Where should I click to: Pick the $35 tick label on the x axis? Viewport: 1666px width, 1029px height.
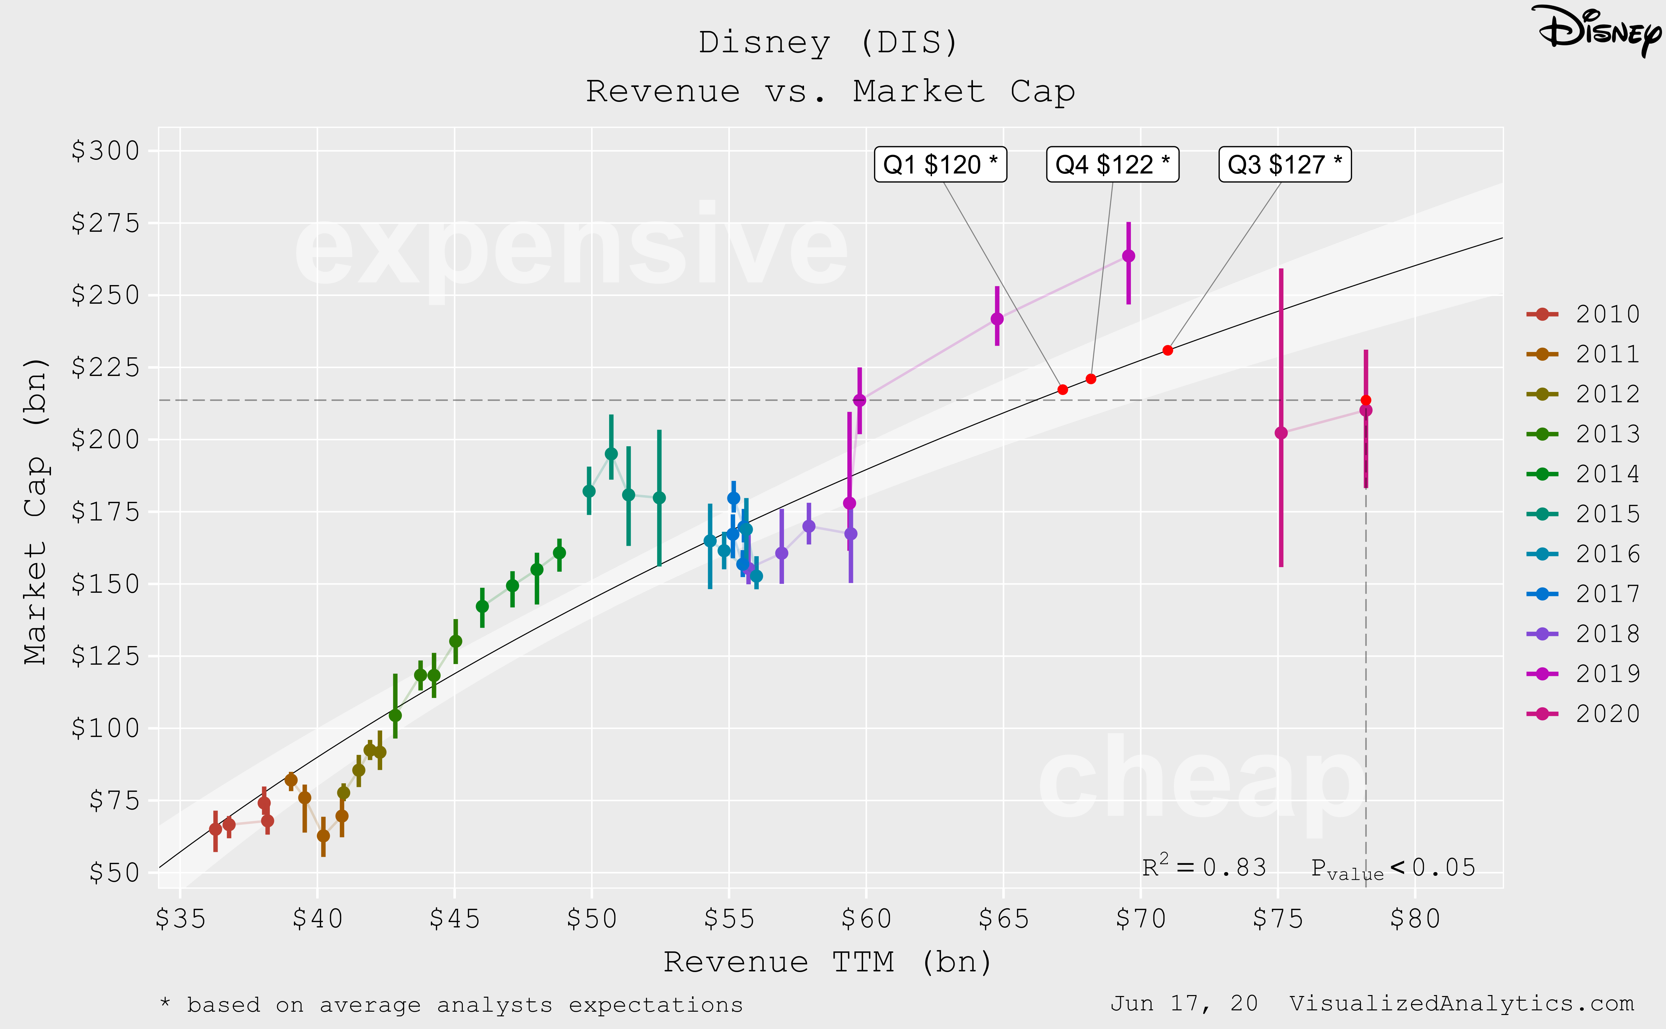pos(180,919)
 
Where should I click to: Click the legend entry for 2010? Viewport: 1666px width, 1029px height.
pos(1583,314)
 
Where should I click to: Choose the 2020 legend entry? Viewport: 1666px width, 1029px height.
pos(1583,713)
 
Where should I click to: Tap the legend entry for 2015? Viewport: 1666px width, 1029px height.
pos(1583,514)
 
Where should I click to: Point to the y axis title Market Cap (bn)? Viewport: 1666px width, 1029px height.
pos(35,511)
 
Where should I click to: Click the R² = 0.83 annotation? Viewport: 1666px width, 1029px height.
pos(1204,867)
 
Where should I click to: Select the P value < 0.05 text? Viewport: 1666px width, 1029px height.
pos(1392,868)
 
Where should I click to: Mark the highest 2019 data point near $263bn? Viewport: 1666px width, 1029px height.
pos(1128,256)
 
